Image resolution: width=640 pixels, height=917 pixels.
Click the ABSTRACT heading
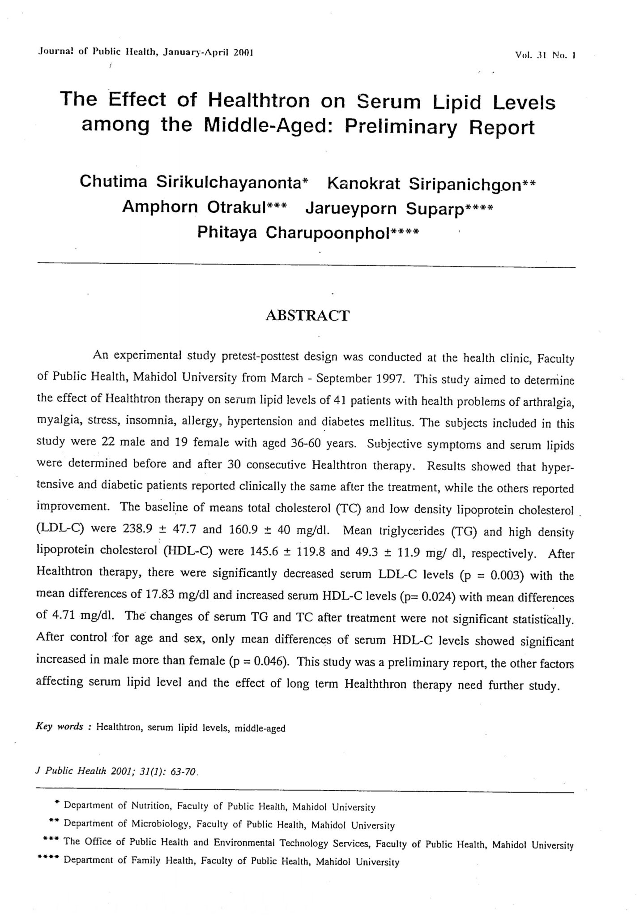coord(307,316)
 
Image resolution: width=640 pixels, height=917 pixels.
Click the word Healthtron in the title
coord(258,101)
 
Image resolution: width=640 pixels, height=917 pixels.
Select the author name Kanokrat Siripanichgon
coord(427,184)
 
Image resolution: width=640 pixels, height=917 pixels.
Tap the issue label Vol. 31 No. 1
coord(545,56)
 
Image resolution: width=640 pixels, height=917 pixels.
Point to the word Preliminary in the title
coord(401,128)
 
